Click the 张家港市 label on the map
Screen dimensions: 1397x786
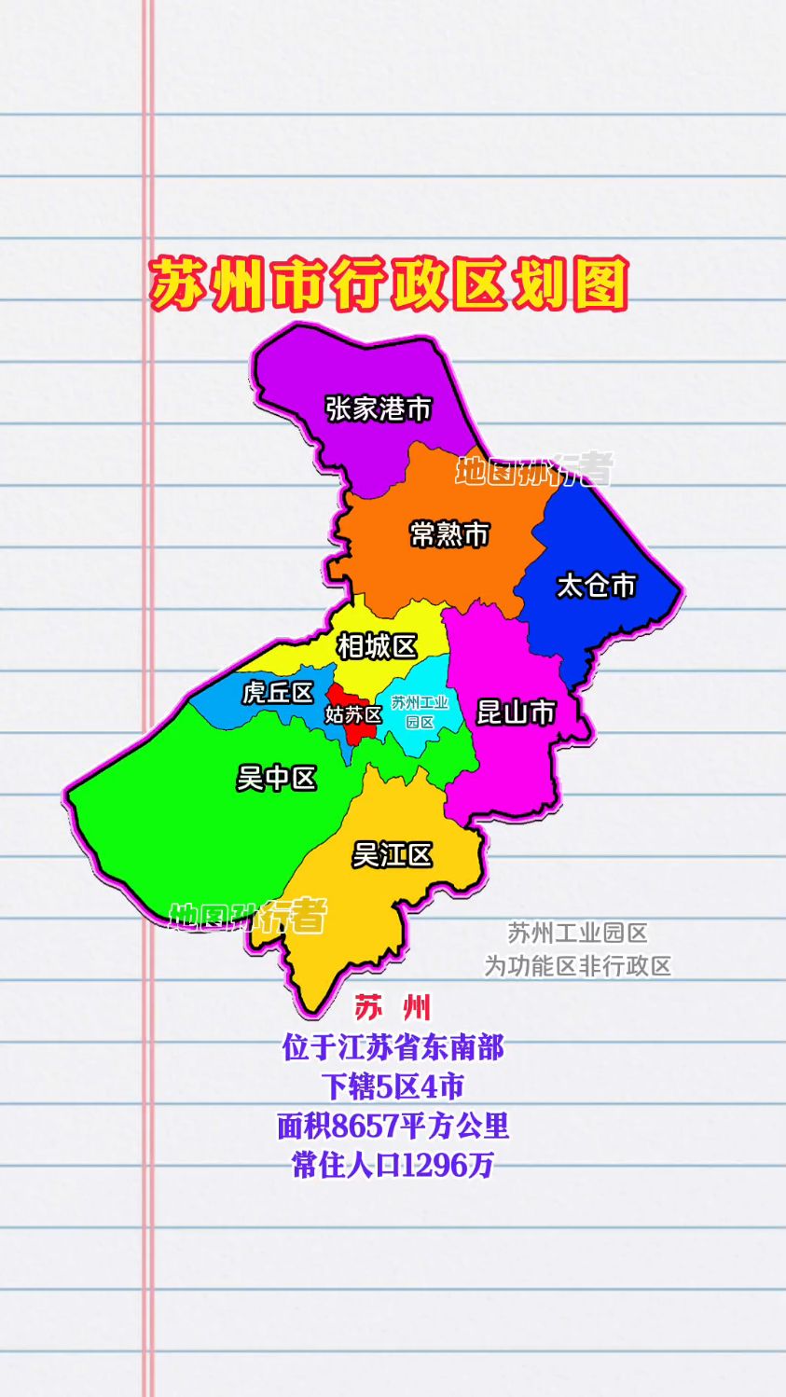[379, 408]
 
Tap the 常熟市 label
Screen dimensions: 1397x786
[449, 534]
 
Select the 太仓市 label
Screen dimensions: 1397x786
[596, 586]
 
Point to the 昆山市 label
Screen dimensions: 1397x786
[516, 712]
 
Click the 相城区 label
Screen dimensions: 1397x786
[377, 645]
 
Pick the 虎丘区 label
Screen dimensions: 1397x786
[277, 693]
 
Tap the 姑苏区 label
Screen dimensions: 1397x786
[353, 715]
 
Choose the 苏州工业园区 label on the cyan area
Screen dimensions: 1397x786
[420, 712]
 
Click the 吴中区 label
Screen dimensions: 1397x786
[277, 778]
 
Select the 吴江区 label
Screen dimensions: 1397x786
[392, 854]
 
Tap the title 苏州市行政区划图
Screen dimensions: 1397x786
[389, 284]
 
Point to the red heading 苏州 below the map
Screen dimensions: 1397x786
[393, 1008]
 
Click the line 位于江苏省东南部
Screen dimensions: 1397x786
[393, 1048]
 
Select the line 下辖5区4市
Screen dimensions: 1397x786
[393, 1087]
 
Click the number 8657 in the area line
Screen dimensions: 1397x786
[365, 1127]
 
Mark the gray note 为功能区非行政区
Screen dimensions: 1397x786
[577, 966]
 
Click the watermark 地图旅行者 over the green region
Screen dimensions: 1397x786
[248, 917]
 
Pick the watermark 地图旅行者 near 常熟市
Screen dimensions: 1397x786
[534, 470]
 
